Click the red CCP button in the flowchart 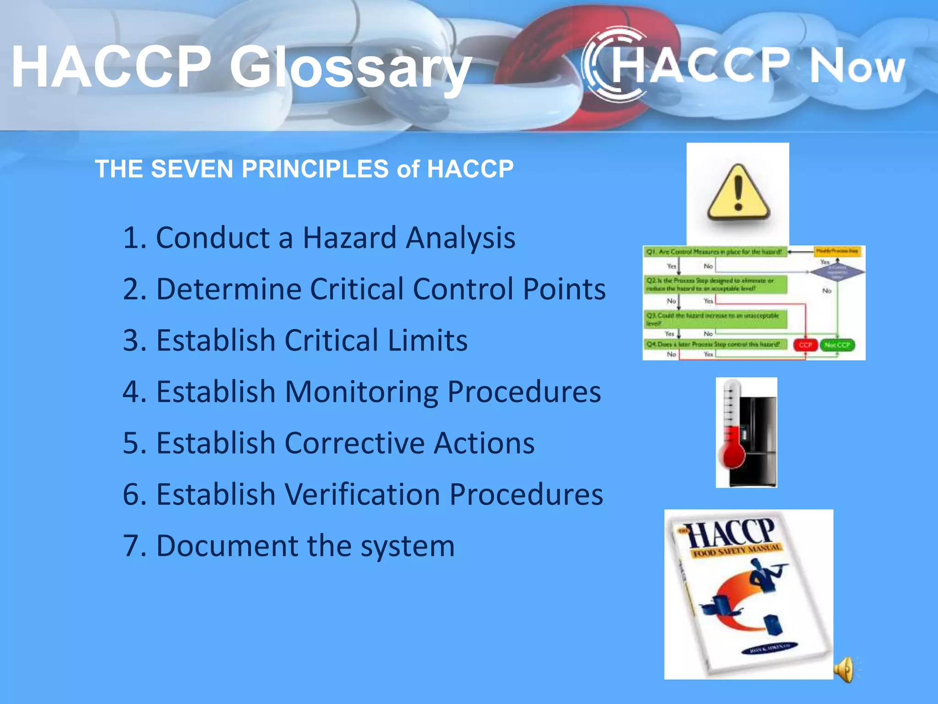pos(805,345)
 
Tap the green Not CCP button pos(837,345)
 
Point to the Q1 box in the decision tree pos(714,252)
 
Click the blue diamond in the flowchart pos(837,271)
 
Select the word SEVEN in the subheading pos(193,169)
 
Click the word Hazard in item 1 pos(349,238)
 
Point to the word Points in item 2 pos(564,289)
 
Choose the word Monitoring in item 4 pos(361,392)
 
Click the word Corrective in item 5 pos(355,443)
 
